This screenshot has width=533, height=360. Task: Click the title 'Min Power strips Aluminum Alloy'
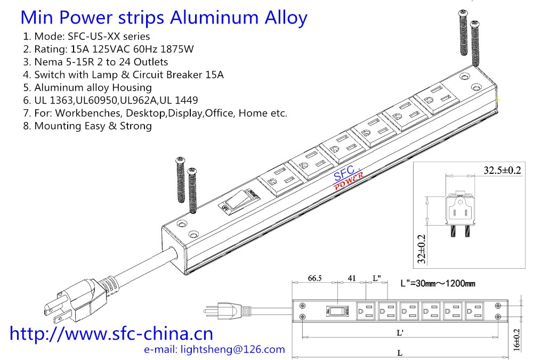[164, 18]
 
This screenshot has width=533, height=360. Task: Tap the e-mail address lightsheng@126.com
[215, 350]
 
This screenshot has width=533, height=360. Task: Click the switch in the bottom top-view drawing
[334, 310]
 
